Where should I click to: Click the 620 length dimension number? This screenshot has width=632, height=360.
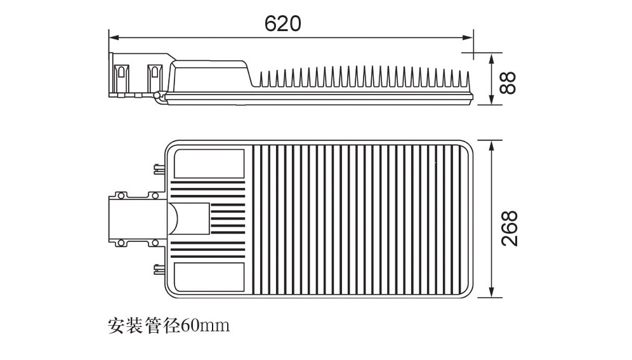pyautogui.click(x=282, y=23)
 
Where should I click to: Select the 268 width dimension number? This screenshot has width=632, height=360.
pyautogui.click(x=510, y=228)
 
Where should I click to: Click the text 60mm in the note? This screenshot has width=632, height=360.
pyautogui.click(x=205, y=324)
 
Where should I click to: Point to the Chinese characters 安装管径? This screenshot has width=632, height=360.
pyautogui.click(x=144, y=325)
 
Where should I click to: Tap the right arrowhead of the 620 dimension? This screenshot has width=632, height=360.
pyautogui.click(x=469, y=38)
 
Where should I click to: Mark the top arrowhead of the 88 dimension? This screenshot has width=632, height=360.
pyautogui.click(x=491, y=58)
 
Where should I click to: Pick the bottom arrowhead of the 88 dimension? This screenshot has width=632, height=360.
pyautogui.click(x=491, y=100)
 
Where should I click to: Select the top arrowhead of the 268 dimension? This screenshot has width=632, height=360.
pyautogui.click(x=491, y=145)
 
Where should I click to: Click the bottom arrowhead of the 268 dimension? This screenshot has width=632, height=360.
pyautogui.click(x=491, y=293)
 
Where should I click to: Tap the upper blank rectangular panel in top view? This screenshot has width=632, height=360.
pyautogui.click(x=209, y=164)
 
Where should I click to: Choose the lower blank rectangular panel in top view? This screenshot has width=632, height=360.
pyautogui.click(x=209, y=277)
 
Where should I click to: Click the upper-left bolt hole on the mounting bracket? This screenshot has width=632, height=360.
pyautogui.click(x=120, y=196)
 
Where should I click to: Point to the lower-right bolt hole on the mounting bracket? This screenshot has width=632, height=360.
pyautogui.click(x=154, y=243)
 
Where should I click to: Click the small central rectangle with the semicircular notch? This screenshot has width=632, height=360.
pyautogui.click(x=188, y=219)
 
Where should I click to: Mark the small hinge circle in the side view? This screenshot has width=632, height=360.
pyautogui.click(x=157, y=95)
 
